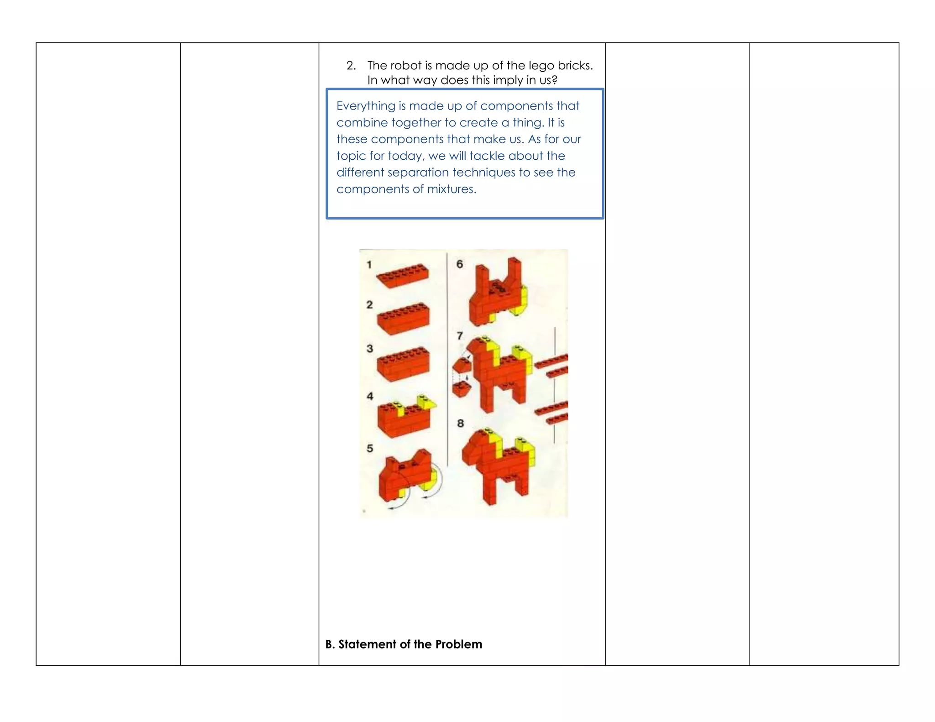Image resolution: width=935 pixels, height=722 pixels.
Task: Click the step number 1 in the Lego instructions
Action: click(369, 264)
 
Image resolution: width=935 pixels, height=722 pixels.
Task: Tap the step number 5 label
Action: click(370, 448)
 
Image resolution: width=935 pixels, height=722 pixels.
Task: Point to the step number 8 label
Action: click(460, 424)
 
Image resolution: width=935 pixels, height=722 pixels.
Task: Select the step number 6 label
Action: click(459, 264)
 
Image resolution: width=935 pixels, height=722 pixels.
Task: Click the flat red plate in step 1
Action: click(403, 276)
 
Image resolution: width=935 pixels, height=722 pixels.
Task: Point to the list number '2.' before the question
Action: click(351, 65)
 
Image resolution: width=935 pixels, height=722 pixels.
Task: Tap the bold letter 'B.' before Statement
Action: click(330, 644)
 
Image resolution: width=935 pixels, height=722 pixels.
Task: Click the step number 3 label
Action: click(370, 348)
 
